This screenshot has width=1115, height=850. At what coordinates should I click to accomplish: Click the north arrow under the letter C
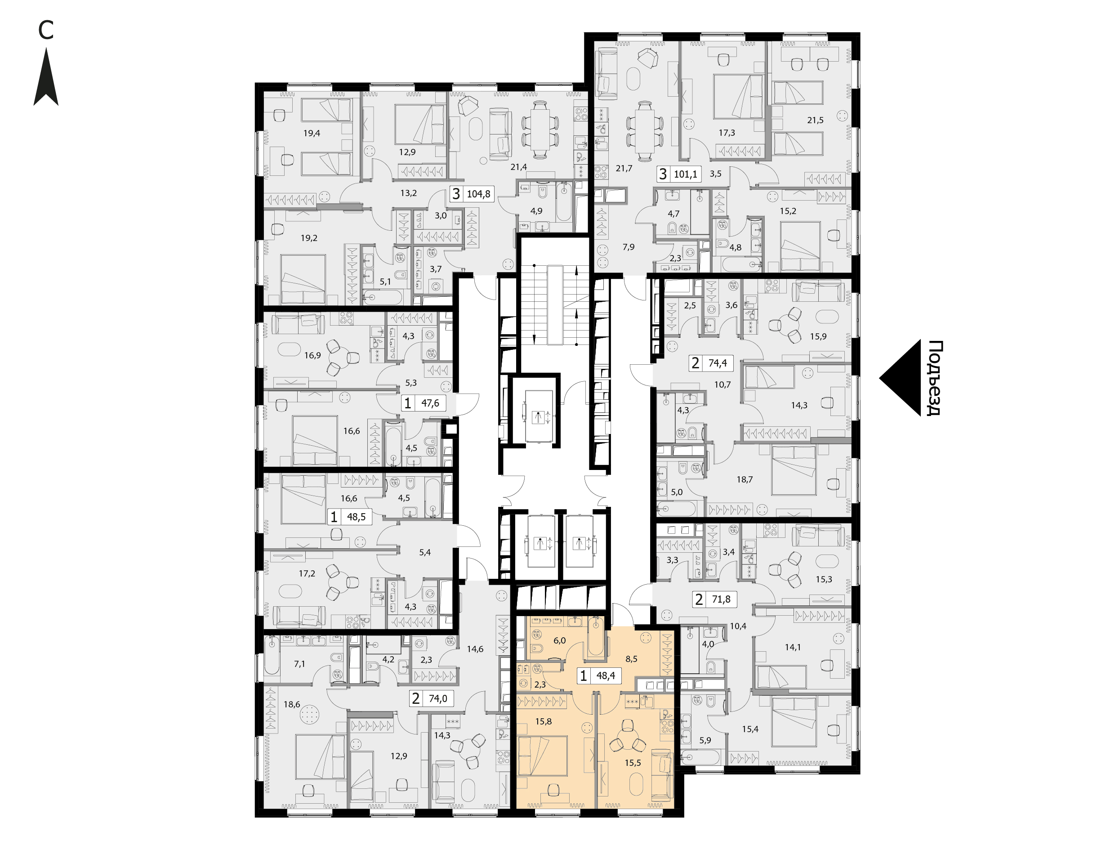tap(46, 77)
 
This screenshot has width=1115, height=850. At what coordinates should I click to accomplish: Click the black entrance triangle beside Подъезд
tap(901, 378)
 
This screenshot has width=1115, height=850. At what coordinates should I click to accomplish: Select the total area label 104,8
tap(478, 194)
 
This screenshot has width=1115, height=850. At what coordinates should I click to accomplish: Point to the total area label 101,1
tap(685, 174)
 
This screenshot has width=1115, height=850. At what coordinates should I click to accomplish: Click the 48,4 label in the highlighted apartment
tap(605, 676)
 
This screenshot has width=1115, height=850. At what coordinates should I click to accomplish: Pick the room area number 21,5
tap(815, 121)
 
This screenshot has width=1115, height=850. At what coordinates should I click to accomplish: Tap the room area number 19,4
tap(312, 134)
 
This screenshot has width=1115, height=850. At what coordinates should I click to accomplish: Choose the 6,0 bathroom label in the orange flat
tap(559, 640)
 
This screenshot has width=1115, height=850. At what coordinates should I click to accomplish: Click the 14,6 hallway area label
tap(475, 649)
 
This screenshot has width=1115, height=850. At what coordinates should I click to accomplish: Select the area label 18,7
tap(745, 479)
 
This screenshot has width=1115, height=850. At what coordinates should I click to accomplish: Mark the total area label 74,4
tap(718, 363)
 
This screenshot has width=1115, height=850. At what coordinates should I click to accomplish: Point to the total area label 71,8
tap(721, 599)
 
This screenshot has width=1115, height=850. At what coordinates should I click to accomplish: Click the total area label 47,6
tap(430, 403)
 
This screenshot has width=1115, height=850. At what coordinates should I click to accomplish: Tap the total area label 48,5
tap(356, 517)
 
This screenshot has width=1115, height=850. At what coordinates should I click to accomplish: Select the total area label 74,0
tap(438, 699)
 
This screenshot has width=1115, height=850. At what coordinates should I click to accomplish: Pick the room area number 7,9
tap(628, 247)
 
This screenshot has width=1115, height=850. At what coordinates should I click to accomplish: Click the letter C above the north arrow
tap(45, 31)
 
